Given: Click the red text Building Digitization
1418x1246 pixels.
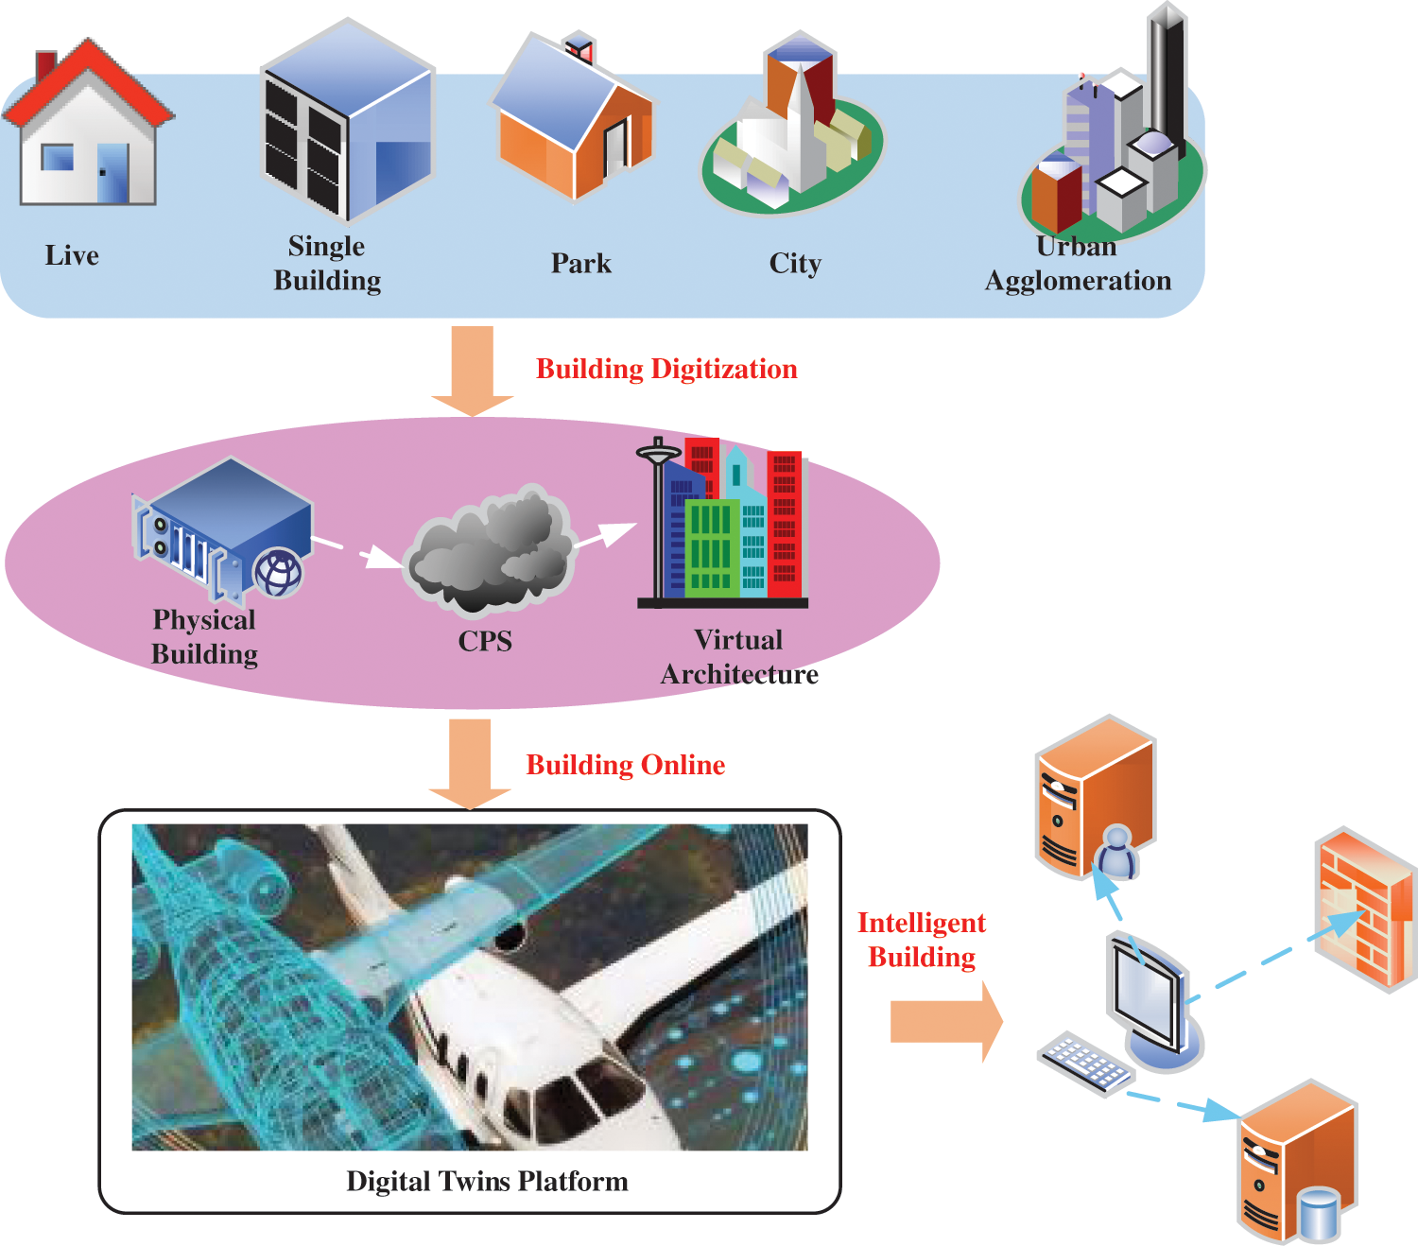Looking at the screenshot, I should [666, 369].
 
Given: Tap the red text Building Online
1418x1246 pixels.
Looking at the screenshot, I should [625, 765].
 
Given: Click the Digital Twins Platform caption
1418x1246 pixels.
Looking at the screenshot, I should [487, 1181].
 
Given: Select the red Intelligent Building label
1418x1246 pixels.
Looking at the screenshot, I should [922, 940].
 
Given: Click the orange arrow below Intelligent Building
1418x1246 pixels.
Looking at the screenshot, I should [945, 1022].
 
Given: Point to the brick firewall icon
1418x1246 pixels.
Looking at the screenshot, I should [1367, 909].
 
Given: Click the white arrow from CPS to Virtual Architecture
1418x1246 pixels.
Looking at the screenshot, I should [605, 536].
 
